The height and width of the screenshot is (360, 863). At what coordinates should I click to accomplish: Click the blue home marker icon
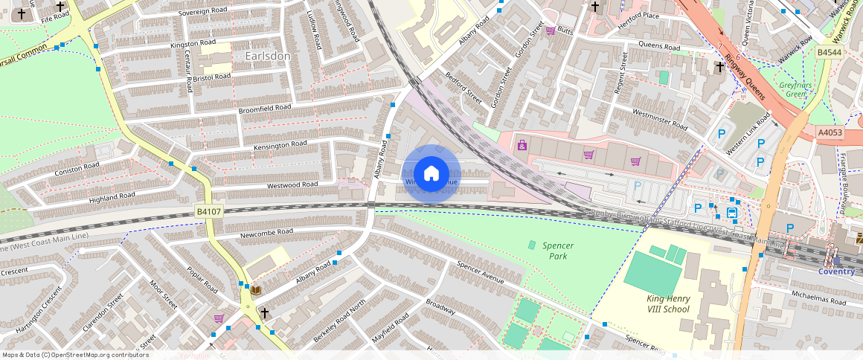(431, 174)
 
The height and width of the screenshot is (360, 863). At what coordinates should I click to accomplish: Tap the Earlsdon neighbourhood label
(267, 56)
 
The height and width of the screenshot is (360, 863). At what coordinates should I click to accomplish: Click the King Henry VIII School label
(667, 303)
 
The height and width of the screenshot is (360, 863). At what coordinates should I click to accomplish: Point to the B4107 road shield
(209, 212)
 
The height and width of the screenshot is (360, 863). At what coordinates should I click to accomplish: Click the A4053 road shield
(830, 132)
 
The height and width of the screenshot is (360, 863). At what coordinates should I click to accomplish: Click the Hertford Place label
(638, 16)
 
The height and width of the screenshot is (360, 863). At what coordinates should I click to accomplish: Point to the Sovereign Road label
(203, 11)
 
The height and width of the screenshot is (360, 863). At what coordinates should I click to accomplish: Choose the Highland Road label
(112, 197)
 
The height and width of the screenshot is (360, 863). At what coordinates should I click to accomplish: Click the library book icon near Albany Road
(256, 290)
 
